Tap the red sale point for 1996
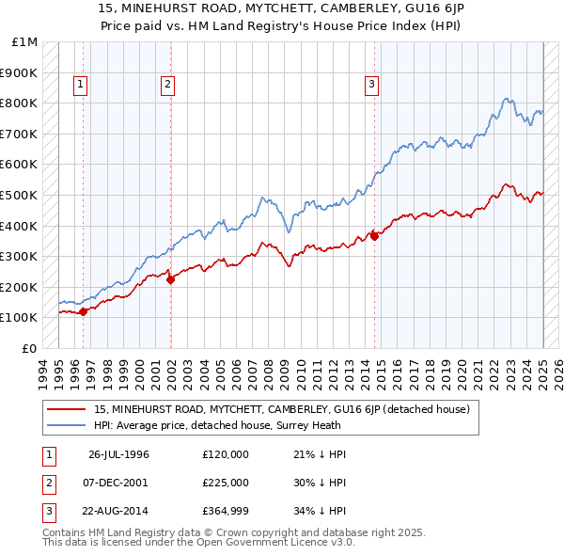click(83, 311)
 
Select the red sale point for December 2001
click(170, 278)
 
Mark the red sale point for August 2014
click(374, 236)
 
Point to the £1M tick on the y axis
click(25, 42)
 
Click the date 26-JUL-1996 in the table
click(118, 454)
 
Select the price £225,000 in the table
click(226, 483)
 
